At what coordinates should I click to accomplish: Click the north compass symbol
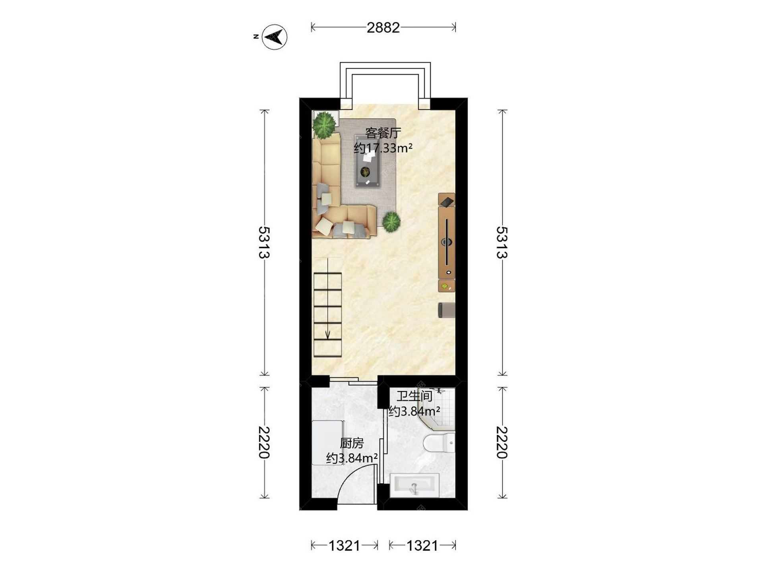click(275, 37)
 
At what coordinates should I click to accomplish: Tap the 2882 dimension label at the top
click(383, 27)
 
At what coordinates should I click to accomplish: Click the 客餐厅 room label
click(383, 133)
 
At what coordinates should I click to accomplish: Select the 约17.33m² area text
click(383, 148)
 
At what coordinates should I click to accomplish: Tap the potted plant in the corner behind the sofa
click(324, 124)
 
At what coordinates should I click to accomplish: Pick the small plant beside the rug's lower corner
click(391, 222)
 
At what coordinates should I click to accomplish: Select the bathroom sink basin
click(414, 485)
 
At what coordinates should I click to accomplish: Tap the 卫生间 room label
click(414, 396)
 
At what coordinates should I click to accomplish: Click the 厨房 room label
click(352, 443)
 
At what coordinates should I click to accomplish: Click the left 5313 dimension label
click(264, 242)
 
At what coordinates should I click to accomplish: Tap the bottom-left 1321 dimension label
click(344, 545)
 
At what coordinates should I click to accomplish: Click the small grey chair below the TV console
click(447, 310)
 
